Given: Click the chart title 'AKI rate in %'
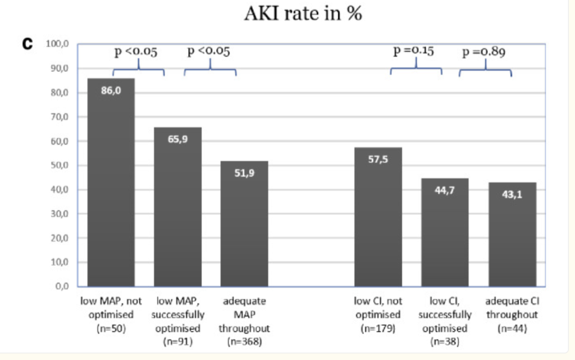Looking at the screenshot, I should [303, 13].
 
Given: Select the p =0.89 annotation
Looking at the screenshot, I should [483, 53].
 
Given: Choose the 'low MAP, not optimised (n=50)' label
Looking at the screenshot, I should [111, 315].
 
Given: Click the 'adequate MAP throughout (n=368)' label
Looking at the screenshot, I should [244, 321].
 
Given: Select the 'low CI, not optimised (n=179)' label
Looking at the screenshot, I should [378, 315].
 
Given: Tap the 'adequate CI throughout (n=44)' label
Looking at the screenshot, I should [512, 315].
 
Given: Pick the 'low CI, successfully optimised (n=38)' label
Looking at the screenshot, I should [445, 321].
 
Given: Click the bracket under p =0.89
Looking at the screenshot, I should [485, 71].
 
